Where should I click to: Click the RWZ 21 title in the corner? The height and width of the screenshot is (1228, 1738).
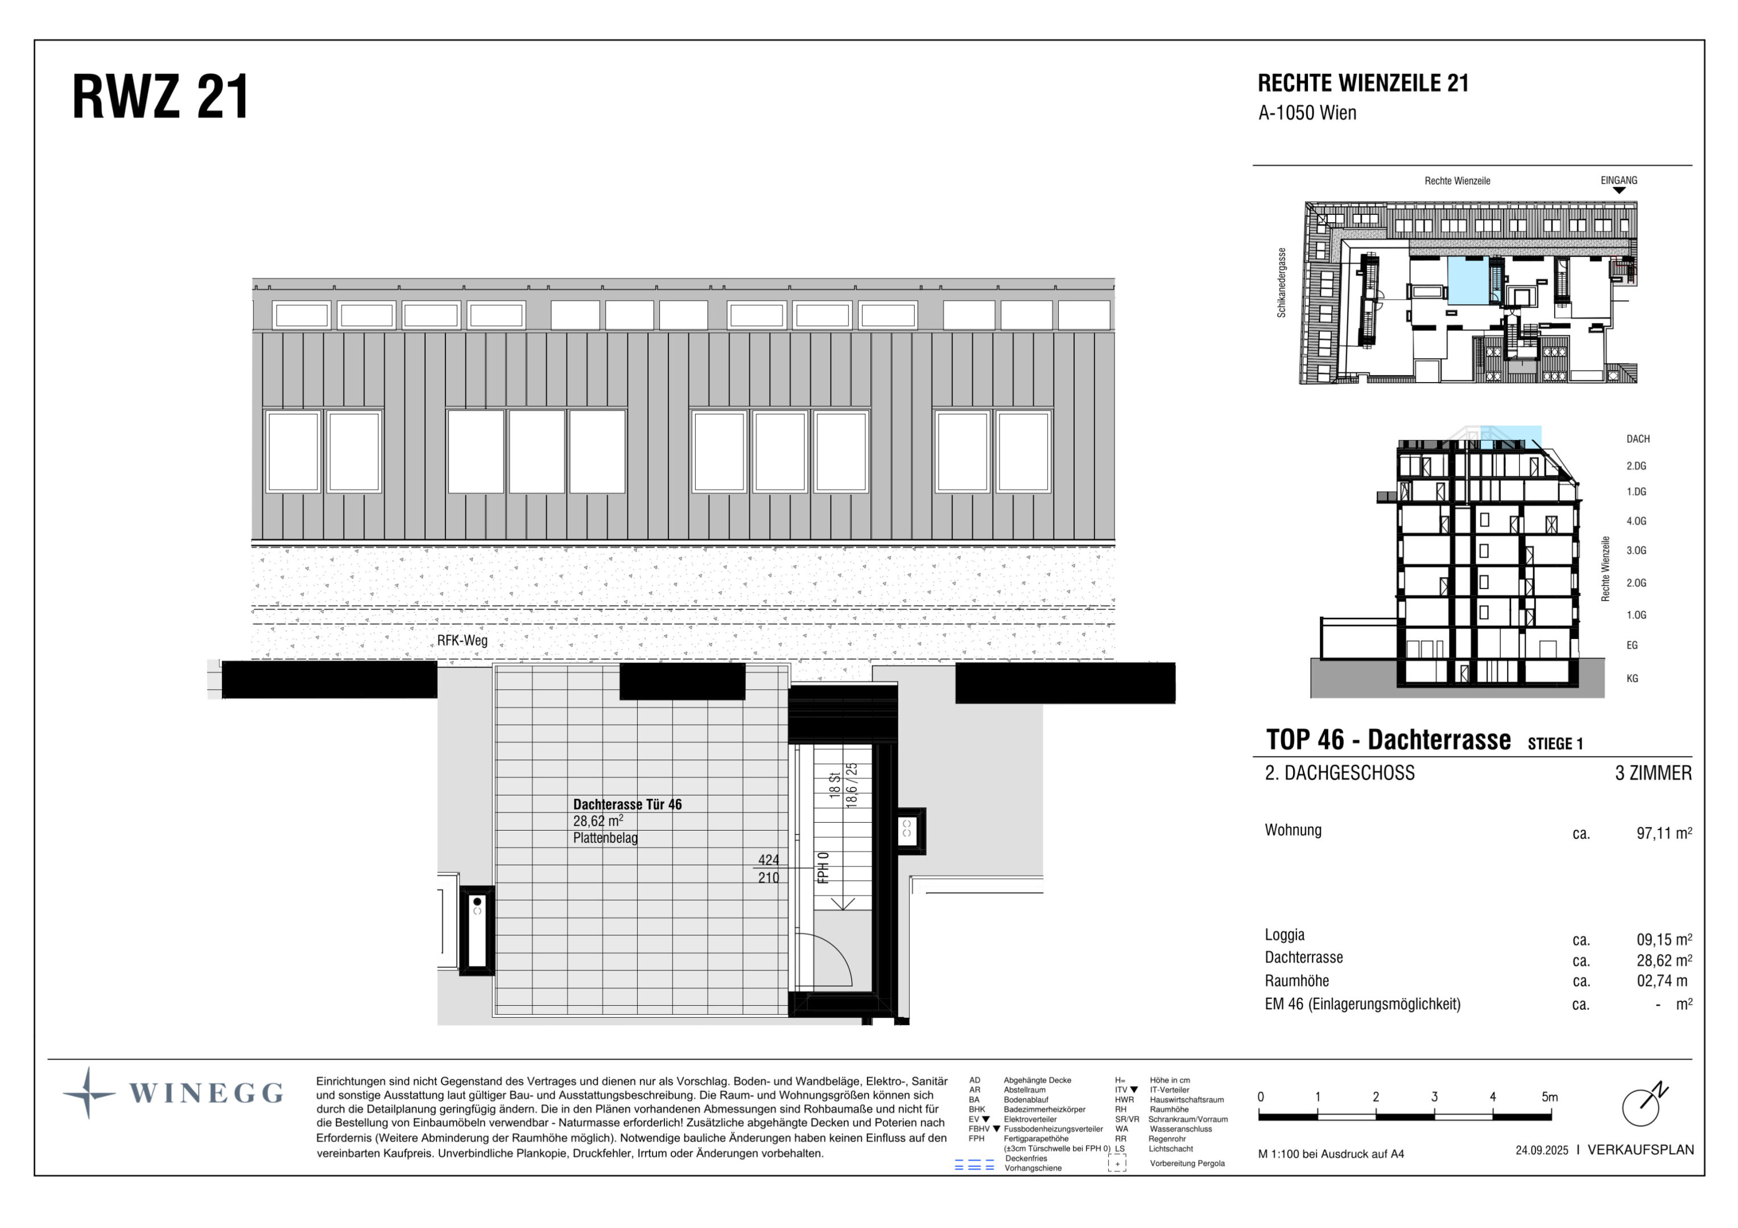point(160,98)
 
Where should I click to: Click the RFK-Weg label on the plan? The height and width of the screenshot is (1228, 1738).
point(462,640)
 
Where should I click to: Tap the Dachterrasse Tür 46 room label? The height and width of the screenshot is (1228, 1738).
point(627,804)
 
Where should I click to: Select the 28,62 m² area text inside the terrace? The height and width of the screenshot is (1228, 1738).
point(597,821)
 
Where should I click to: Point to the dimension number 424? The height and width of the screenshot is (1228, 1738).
point(769,860)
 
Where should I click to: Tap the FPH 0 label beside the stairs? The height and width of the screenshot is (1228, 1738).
point(824,868)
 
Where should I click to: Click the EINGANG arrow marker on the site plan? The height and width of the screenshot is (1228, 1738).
point(1619,190)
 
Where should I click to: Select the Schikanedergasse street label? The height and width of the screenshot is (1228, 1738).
point(1282,282)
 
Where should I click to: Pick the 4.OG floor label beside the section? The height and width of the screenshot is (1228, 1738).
point(1636,521)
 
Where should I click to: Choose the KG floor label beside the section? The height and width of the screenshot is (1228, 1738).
point(1632,679)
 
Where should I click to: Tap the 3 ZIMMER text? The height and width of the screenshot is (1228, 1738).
point(1653,773)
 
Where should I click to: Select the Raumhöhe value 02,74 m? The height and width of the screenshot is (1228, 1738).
point(1662,981)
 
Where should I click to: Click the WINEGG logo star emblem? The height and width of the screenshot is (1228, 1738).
point(89,1093)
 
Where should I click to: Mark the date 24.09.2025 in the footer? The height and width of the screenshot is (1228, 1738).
point(1541,1150)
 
